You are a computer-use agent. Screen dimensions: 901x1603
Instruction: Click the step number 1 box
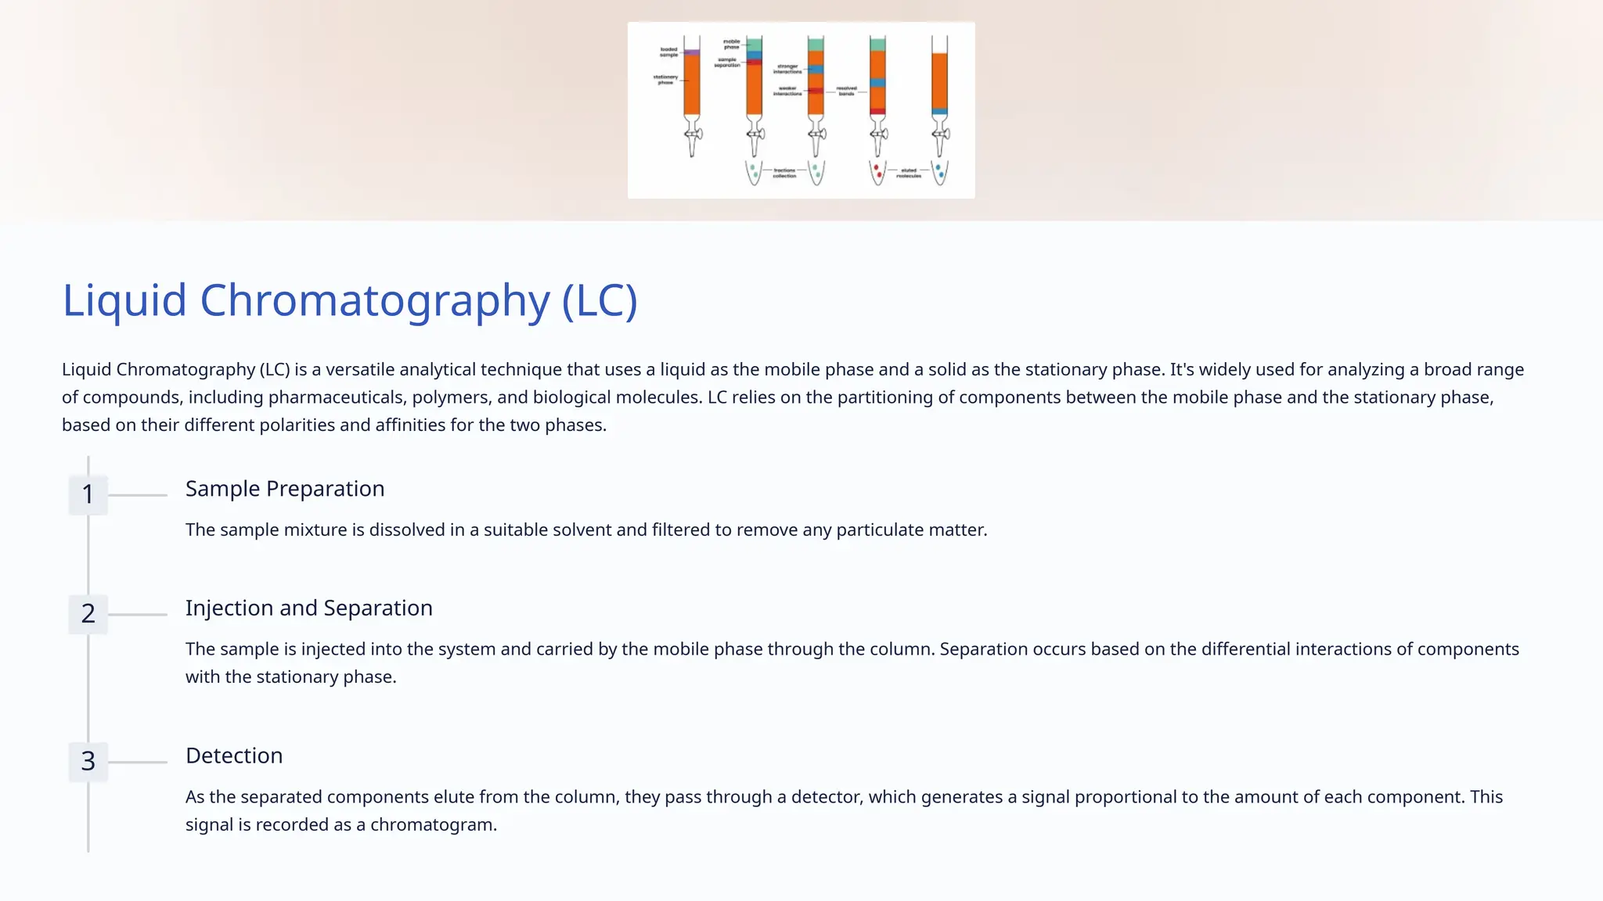88,494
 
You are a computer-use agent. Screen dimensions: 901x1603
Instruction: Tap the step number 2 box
88,614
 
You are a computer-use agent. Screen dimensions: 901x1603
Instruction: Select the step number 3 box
88,761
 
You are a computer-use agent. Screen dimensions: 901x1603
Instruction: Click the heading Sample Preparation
285,489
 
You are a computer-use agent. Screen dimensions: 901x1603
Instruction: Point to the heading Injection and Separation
308,608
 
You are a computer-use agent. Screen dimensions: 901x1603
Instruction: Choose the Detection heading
234,756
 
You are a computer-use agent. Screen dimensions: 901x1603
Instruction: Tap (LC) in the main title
600,300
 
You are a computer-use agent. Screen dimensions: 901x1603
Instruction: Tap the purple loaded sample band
692,52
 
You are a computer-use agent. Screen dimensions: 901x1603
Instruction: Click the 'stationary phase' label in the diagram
665,79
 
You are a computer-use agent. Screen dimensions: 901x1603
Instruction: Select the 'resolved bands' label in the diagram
846,91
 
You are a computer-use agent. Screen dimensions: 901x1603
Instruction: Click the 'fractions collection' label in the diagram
784,173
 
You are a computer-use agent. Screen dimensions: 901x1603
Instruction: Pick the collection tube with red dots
878,172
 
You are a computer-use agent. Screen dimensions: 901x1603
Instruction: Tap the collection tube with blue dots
940,172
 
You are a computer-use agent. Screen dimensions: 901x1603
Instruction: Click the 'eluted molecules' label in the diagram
909,173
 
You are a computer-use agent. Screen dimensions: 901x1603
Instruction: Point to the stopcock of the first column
693,134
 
